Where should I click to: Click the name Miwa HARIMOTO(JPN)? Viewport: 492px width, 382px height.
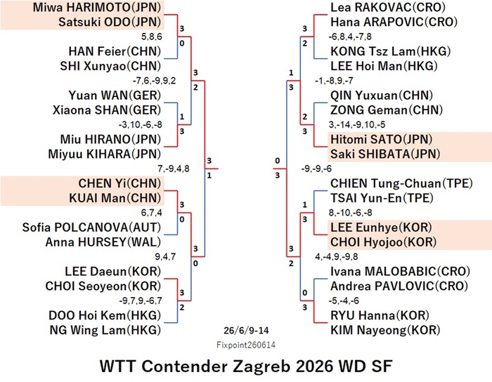tap(97, 7)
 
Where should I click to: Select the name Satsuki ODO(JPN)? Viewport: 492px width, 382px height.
tap(110, 22)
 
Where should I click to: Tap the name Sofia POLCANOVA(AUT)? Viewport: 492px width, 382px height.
tap(91, 228)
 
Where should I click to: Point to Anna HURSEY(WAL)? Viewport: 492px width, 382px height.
tap(103, 242)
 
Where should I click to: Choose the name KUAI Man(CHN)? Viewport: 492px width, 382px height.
tap(115, 198)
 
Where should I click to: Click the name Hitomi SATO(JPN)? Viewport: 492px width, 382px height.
tap(382, 139)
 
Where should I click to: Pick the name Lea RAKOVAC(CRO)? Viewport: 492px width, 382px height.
tap(388, 7)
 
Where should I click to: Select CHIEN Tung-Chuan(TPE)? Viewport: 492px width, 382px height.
tap(401, 183)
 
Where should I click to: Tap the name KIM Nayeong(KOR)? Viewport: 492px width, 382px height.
tap(385, 330)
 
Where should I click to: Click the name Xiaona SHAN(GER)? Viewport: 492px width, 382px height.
tap(107, 110)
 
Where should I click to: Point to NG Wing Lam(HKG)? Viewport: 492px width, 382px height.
tap(105, 330)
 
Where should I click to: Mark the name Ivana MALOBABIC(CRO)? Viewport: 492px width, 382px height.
tap(401, 271)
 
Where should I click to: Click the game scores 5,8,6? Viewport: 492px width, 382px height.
tap(152, 37)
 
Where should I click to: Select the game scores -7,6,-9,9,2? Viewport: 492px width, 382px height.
tap(155, 81)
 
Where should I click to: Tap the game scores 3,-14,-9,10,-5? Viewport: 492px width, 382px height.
tap(357, 125)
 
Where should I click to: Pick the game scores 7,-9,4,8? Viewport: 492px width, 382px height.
tap(174, 169)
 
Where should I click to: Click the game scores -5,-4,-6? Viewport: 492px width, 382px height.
tap(344, 301)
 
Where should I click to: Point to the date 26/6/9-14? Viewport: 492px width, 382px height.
tap(246, 331)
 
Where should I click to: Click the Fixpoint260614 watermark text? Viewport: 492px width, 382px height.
tap(246, 345)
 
